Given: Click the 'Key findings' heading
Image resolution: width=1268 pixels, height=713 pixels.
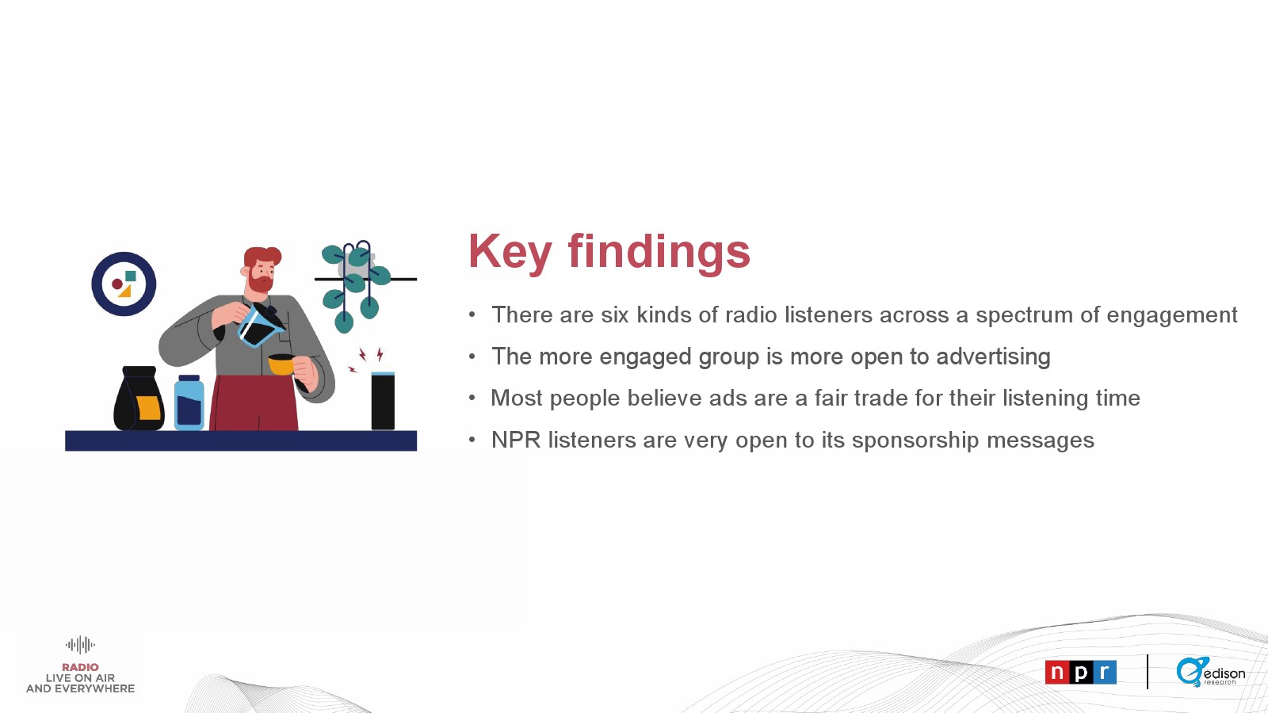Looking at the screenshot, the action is click(x=609, y=252).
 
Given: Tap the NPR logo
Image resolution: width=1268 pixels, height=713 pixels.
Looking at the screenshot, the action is click(x=1081, y=673).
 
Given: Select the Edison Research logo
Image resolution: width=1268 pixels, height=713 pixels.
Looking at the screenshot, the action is click(x=1210, y=673).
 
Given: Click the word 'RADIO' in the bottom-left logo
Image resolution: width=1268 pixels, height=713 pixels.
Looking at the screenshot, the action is click(x=80, y=667).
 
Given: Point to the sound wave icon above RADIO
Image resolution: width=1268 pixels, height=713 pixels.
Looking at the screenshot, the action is click(x=80, y=645).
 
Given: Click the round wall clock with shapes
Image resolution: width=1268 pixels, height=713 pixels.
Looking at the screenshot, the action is click(x=124, y=284).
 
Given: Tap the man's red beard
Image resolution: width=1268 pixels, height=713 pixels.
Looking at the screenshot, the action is click(x=261, y=282).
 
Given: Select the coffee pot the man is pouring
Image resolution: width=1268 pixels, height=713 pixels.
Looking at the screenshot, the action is click(x=261, y=325).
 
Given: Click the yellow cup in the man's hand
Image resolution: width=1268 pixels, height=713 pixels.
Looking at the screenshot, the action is click(x=281, y=364).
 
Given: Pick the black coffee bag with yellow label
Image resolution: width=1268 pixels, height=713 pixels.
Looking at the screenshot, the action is click(x=139, y=398).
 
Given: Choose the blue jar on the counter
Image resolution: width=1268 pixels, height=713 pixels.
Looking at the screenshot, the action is click(x=189, y=402).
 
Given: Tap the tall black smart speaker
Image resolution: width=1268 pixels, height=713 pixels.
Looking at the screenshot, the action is click(x=383, y=401).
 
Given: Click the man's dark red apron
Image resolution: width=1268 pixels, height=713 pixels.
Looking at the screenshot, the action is click(x=254, y=402).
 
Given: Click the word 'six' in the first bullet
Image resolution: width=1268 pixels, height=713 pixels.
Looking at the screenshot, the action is click(x=615, y=315).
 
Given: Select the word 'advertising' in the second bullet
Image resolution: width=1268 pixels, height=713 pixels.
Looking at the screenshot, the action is click(x=994, y=357).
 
